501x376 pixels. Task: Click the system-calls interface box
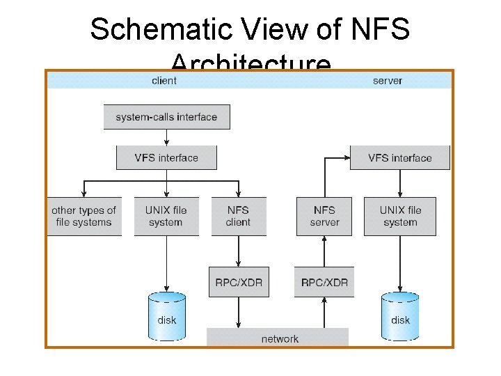click(166, 117)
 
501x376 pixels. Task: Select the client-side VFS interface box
click(166, 158)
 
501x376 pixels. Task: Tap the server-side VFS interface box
click(399, 158)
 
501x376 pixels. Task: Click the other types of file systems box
click(83, 217)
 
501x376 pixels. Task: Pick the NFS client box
click(238, 217)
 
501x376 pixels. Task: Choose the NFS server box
click(324, 217)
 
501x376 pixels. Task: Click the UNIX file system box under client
click(166, 217)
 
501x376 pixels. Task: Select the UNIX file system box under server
click(399, 217)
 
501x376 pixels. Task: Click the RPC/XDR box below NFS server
click(324, 283)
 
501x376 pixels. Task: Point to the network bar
click(278, 338)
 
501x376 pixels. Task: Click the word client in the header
click(164, 81)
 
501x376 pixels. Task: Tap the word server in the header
click(388, 81)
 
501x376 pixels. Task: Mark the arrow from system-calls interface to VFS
click(166, 137)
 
